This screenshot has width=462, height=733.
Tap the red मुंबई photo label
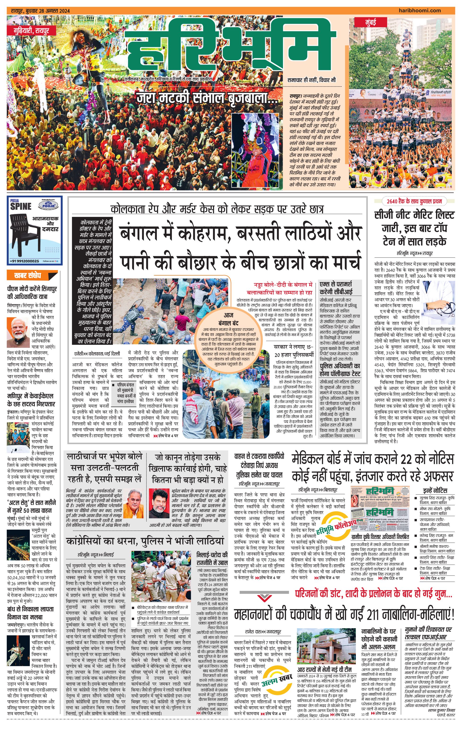point(370,22)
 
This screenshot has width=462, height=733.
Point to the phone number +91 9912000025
point(24,261)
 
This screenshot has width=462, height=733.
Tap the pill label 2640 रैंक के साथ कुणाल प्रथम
point(414,201)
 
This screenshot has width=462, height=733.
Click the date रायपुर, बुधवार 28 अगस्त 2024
point(40,11)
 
